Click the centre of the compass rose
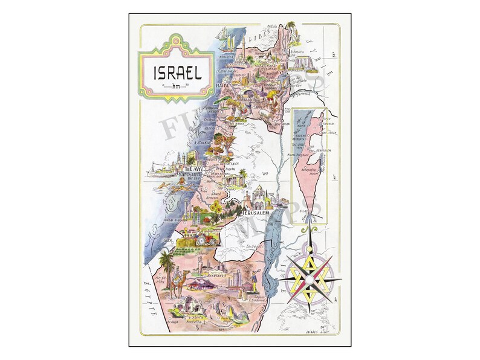pos(309,278)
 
